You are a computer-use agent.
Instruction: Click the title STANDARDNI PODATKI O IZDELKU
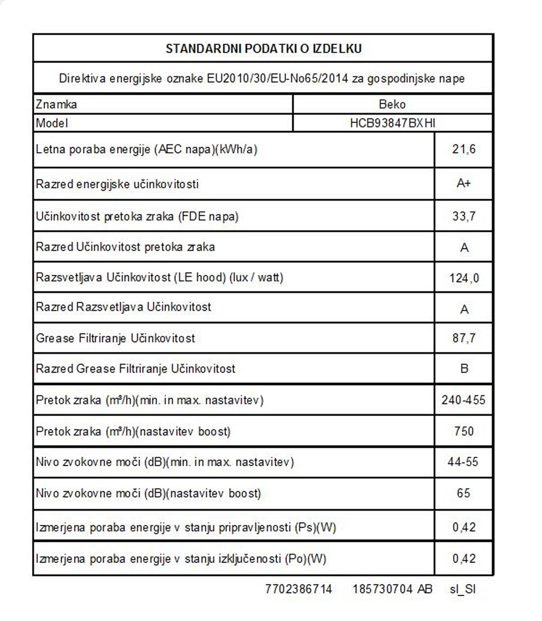tap(263, 49)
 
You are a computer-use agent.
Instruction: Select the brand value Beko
tap(392, 104)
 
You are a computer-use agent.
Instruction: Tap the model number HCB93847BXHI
tap(392, 123)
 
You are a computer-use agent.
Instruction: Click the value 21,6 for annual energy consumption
tap(463, 150)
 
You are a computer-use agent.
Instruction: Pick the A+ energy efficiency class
tap(463, 184)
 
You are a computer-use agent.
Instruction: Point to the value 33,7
tap(463, 216)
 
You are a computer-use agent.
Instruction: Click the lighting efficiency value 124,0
tap(464, 278)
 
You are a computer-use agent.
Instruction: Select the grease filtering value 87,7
tap(463, 338)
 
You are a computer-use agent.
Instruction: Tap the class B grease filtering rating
tap(464, 369)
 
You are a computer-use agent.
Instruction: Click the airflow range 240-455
tap(463, 400)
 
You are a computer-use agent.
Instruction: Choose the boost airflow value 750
tap(463, 431)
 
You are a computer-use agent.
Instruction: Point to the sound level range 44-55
tap(463, 462)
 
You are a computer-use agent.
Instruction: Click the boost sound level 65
tap(463, 493)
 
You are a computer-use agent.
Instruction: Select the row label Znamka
tap(56, 104)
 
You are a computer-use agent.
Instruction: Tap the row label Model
tap(52, 123)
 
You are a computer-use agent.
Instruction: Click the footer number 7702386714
tap(298, 589)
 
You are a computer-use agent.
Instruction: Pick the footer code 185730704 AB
tap(392, 589)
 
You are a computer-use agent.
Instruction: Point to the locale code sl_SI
tap(462, 589)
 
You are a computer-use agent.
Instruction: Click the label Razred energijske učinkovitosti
tap(117, 184)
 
